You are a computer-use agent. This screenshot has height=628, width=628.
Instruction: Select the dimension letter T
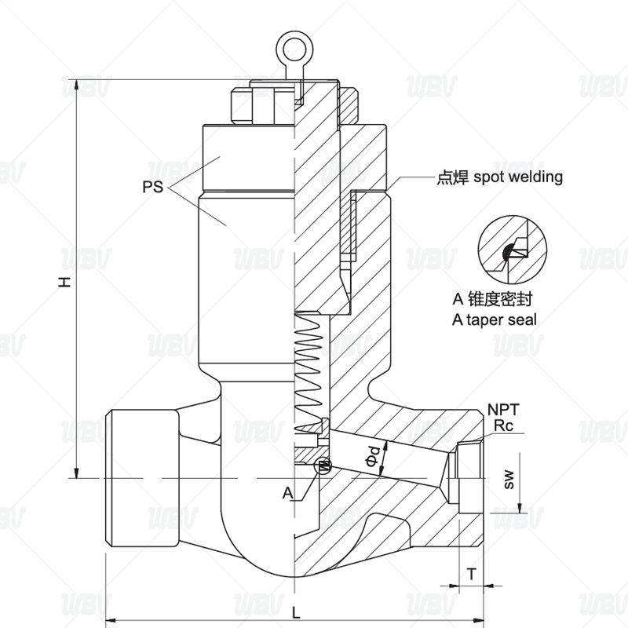(471, 574)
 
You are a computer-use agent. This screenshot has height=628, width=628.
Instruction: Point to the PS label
(154, 188)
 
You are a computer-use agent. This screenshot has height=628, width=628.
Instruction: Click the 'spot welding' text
(517, 177)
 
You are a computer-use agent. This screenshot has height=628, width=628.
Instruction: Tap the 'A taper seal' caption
(495, 319)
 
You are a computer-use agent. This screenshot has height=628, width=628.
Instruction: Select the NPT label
(502, 409)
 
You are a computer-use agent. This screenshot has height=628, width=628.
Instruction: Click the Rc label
(502, 425)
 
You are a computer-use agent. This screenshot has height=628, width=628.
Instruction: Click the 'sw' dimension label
(509, 478)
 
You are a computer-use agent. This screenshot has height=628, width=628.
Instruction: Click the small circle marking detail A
(322, 466)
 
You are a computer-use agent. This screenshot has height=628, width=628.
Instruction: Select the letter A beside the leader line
(287, 493)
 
